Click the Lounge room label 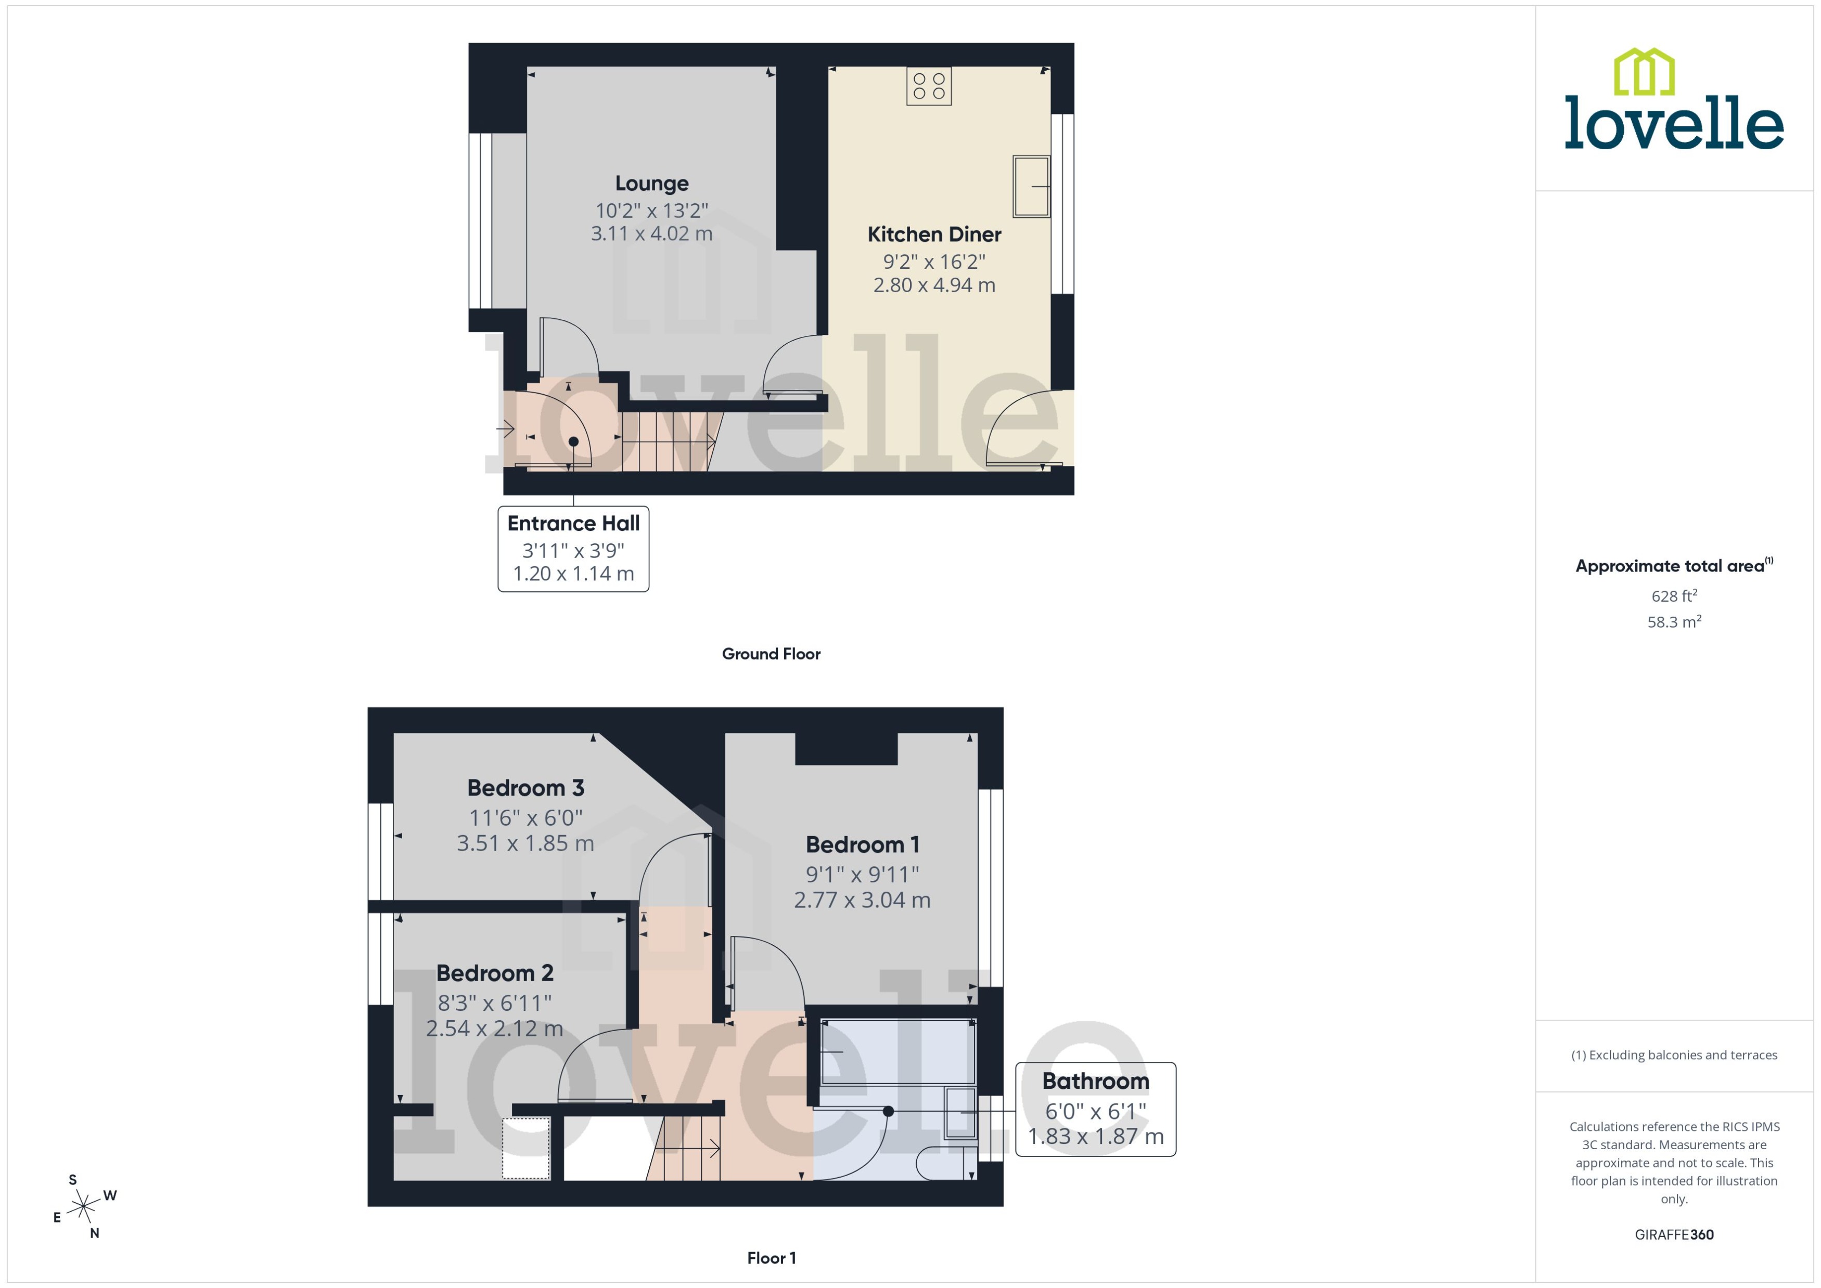click(x=651, y=183)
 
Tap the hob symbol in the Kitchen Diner click(x=928, y=86)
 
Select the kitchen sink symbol click(x=1030, y=186)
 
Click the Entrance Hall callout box click(x=573, y=549)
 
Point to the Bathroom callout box click(x=1095, y=1109)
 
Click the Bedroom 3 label click(x=525, y=788)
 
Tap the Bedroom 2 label click(x=494, y=972)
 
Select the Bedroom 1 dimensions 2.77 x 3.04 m click(x=862, y=900)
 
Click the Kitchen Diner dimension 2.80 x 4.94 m click(x=934, y=285)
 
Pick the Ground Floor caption click(x=771, y=654)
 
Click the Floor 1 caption click(x=771, y=1258)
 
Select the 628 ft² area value click(x=1673, y=595)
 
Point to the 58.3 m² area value click(x=1673, y=622)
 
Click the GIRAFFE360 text click(x=1673, y=1235)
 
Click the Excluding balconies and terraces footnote click(x=1673, y=1055)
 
